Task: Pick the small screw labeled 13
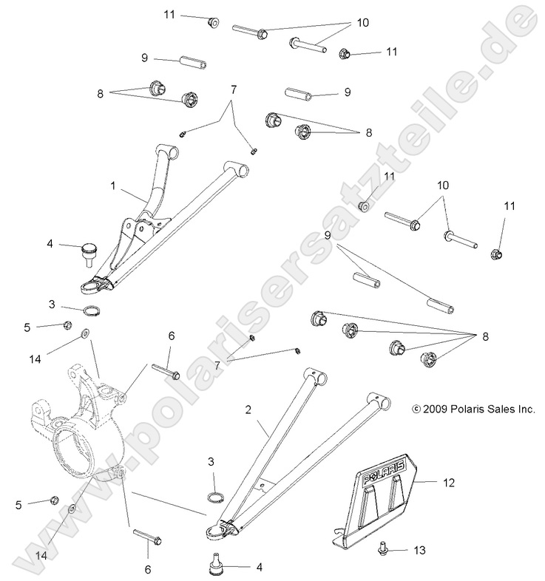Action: [x=402, y=549]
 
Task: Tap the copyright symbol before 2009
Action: [x=416, y=409]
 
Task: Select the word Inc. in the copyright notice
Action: [x=524, y=409]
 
